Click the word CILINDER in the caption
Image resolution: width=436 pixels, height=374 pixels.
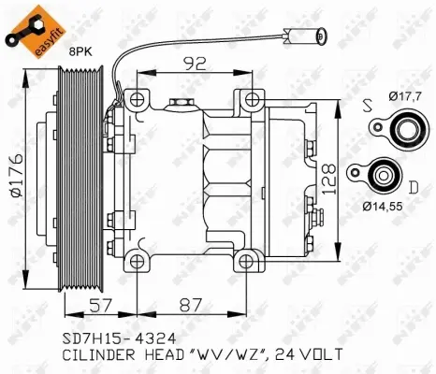tap(94, 355)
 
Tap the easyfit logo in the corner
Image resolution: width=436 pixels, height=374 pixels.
tap(28, 26)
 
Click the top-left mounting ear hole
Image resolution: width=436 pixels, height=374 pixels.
tap(138, 99)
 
